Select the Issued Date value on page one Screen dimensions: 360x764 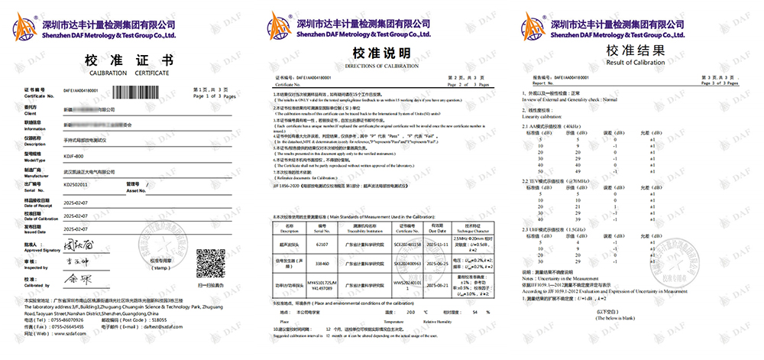pos(76,229)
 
